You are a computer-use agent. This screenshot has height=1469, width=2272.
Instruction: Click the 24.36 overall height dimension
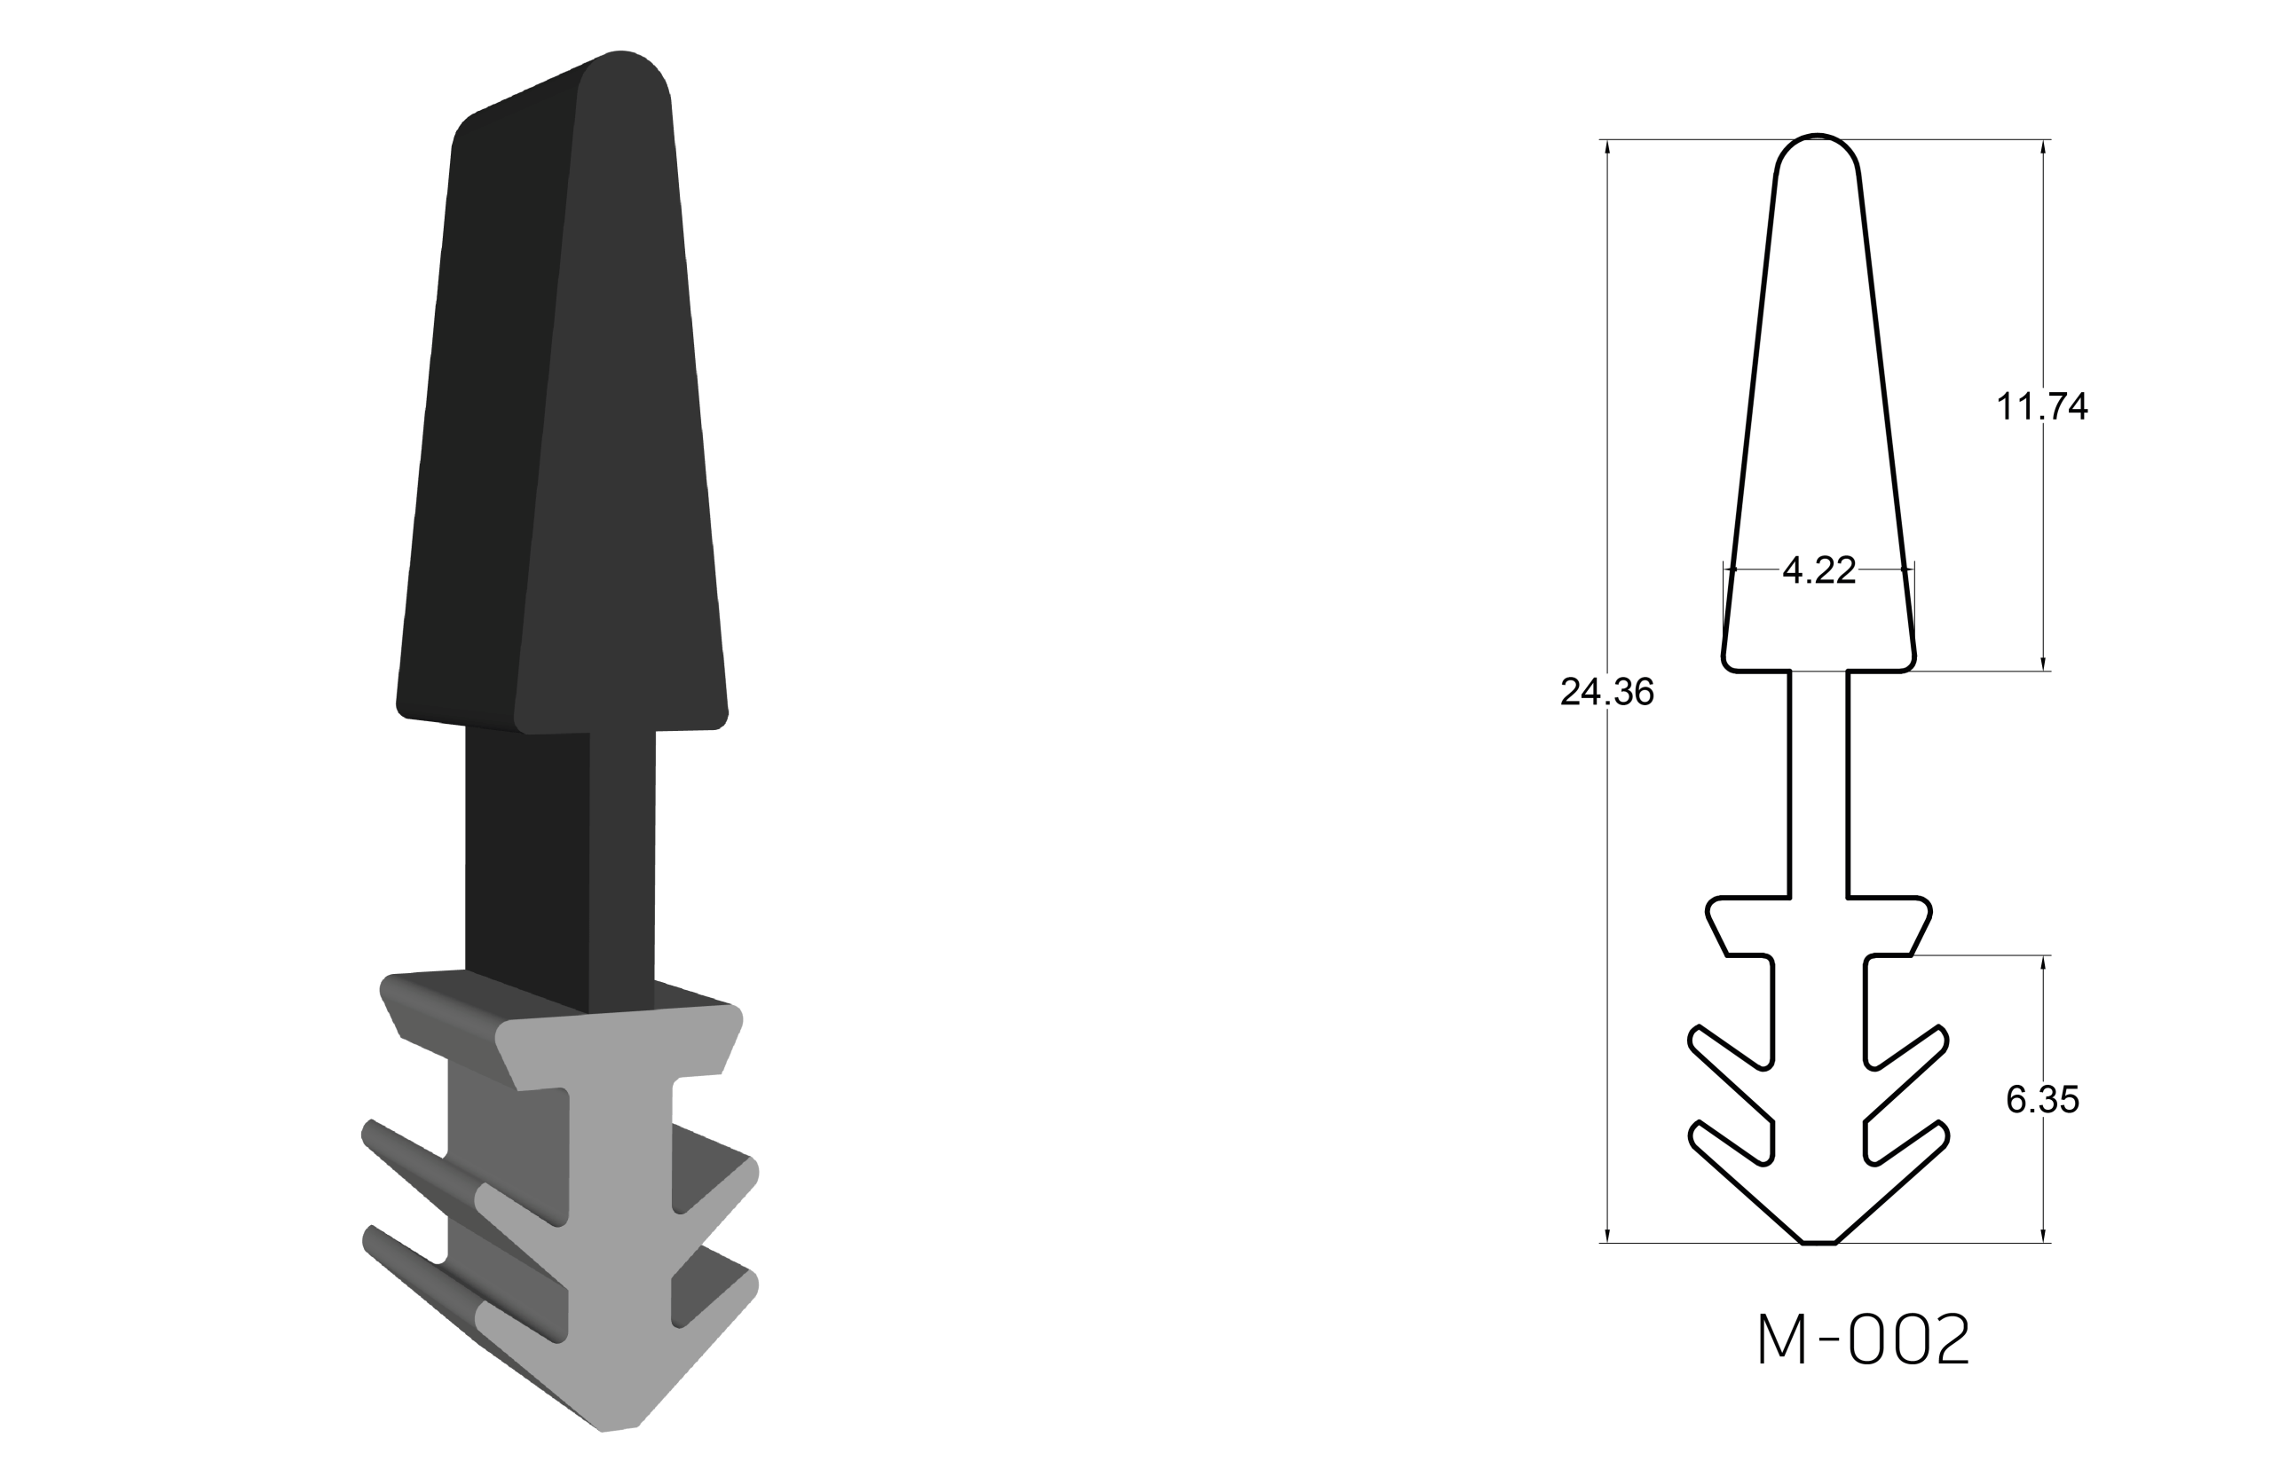pos(1607,692)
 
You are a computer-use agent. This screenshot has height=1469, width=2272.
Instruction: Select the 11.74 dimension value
pos(2042,407)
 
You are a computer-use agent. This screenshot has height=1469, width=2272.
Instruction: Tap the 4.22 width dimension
pos(1818,570)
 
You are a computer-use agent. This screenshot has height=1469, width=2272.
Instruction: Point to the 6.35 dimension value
pos(2042,1100)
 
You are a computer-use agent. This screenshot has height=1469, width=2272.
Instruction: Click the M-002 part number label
pos(1864,1339)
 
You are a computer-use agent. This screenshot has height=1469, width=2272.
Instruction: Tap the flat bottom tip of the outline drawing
pos(1818,1243)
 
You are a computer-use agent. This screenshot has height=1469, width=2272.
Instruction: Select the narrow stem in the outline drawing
pos(1818,784)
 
